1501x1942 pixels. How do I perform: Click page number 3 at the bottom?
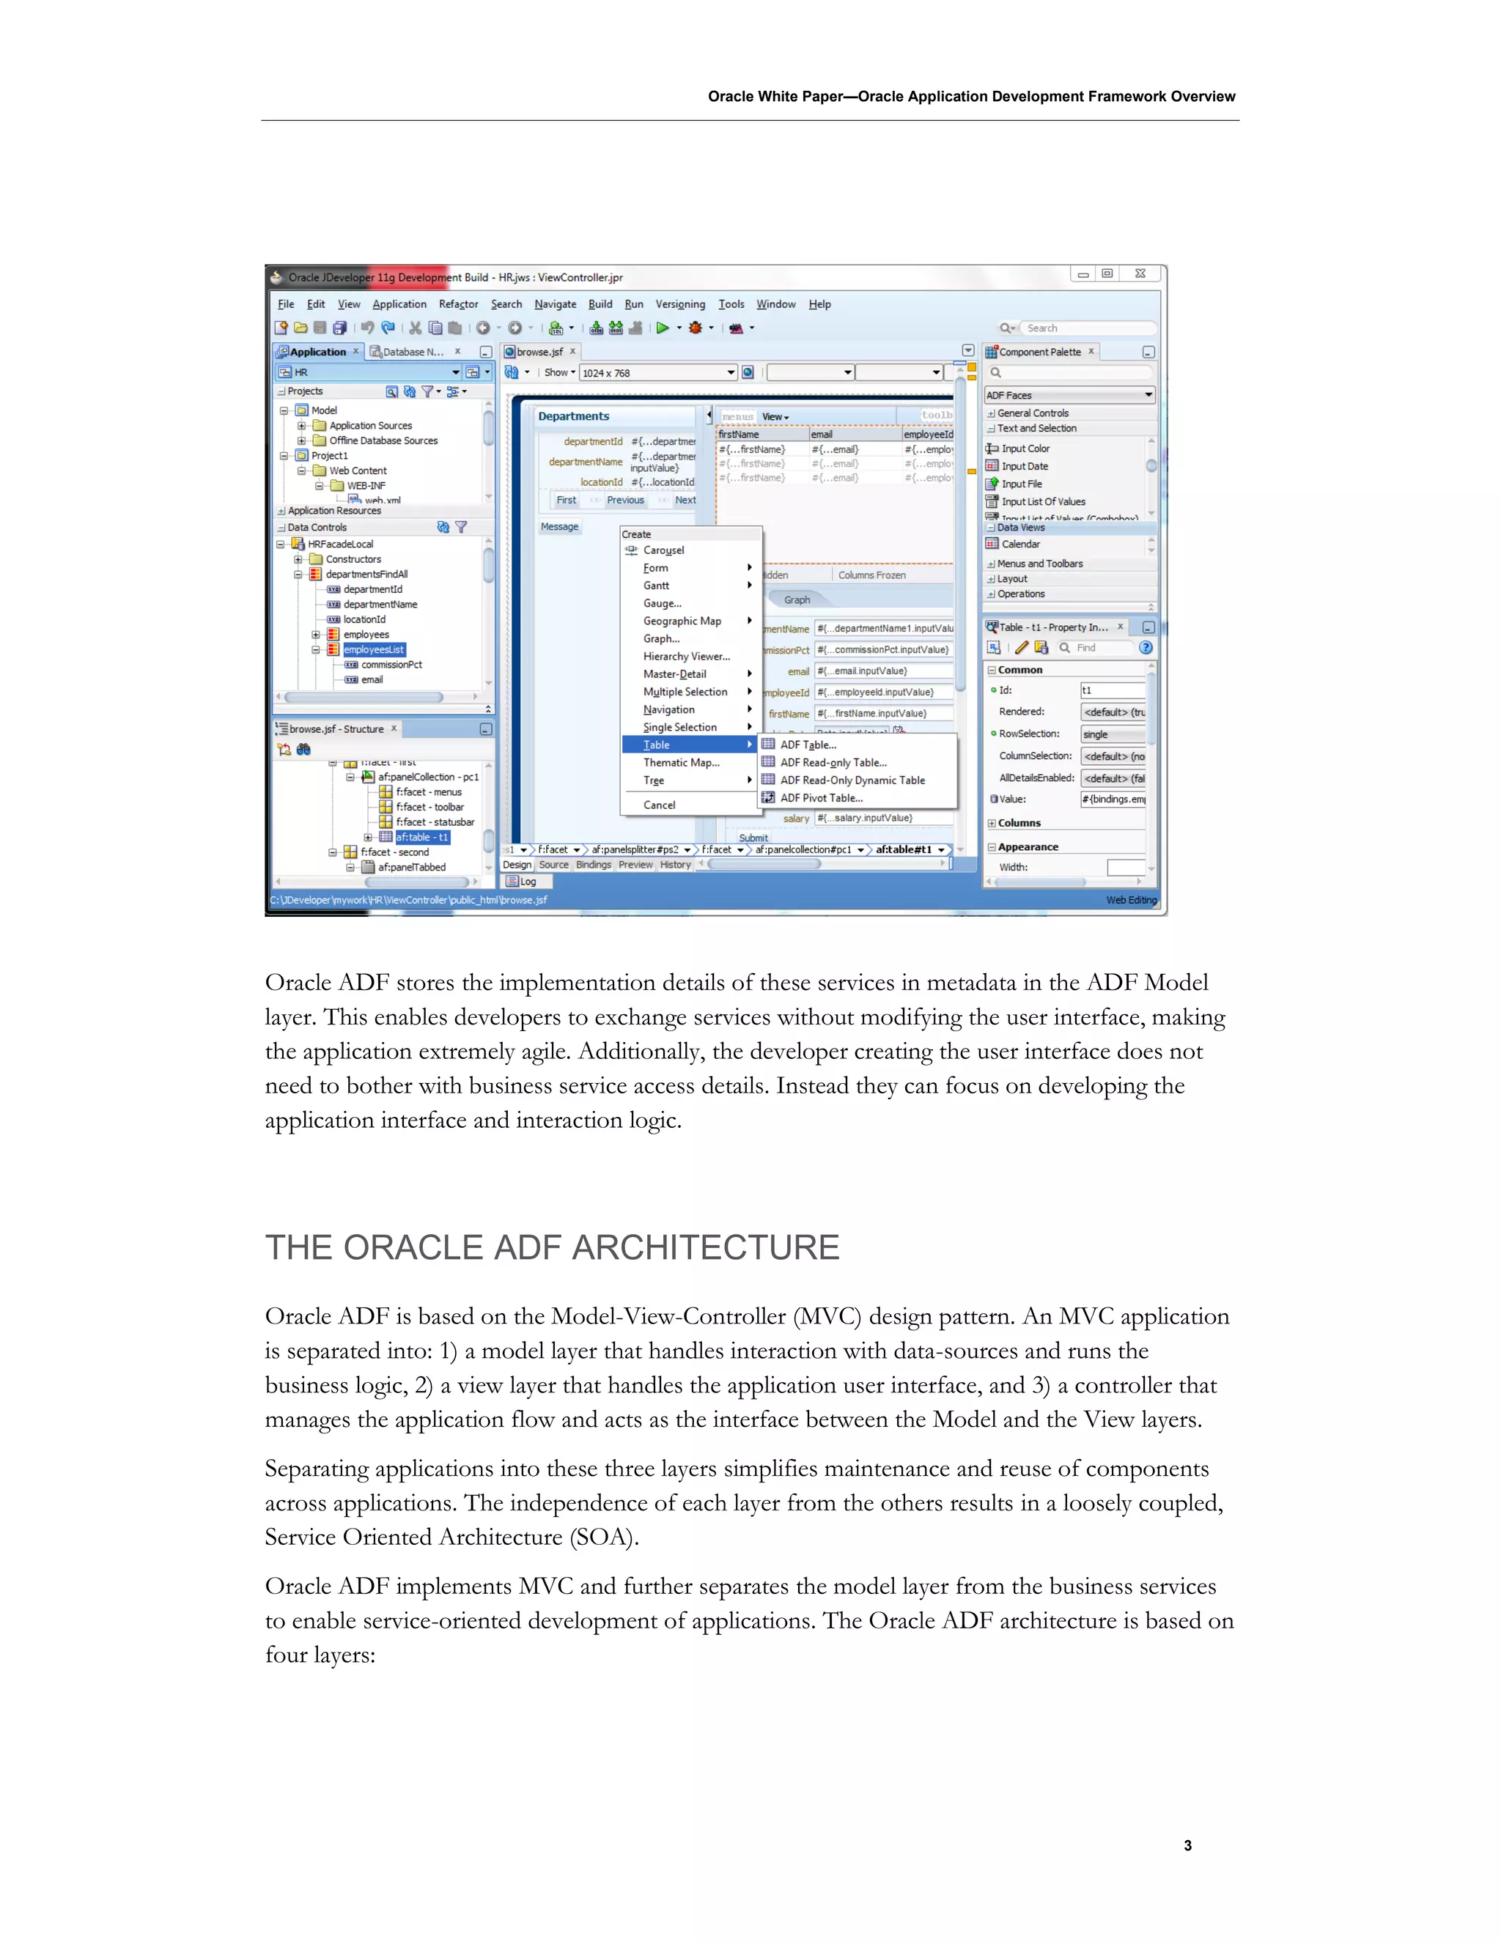[x=1187, y=1845]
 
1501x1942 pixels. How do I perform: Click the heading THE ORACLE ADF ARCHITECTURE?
[x=551, y=1247]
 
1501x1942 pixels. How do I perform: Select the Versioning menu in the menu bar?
[x=679, y=304]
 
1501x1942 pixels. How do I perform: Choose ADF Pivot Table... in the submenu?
[x=821, y=797]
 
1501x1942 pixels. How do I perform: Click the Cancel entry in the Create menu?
[x=659, y=805]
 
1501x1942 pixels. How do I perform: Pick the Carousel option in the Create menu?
[x=663, y=550]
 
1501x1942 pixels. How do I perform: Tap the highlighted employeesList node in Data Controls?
[x=374, y=650]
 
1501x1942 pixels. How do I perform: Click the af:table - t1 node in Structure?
[x=421, y=838]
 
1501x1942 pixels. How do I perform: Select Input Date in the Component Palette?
[x=1025, y=466]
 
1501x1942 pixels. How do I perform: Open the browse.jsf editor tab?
[x=539, y=352]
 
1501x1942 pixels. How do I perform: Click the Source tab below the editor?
[x=553, y=864]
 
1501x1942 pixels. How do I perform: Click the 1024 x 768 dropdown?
[x=658, y=372]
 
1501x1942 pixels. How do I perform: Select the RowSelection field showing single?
[x=1112, y=734]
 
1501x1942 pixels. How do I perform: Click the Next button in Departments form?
[x=685, y=501]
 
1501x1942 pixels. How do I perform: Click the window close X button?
[x=1140, y=274]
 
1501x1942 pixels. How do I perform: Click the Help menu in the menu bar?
[x=819, y=304]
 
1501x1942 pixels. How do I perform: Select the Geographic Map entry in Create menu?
[x=682, y=621]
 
